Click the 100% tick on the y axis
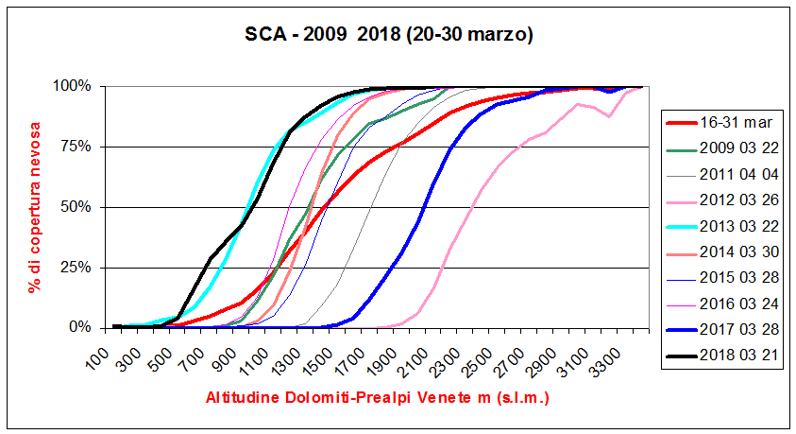(x=72, y=86)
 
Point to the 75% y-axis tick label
(x=76, y=147)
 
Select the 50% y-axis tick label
(x=76, y=207)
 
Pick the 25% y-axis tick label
(x=76, y=268)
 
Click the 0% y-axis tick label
(x=79, y=328)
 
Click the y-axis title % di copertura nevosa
(x=36, y=206)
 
